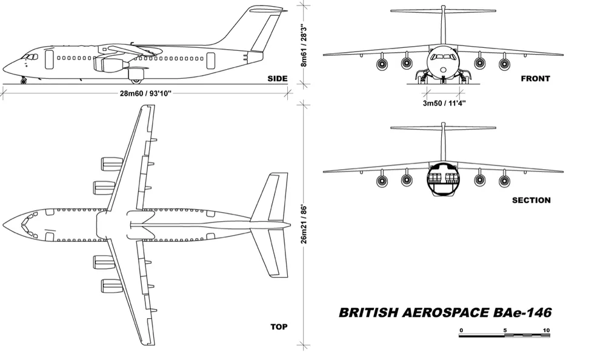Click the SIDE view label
[278, 79]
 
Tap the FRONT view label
[535, 79]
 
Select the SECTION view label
[531, 200]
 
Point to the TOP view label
[279, 327]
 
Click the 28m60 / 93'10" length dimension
[145, 93]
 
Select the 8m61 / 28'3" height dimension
[304, 45]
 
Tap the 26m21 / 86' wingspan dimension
[304, 224]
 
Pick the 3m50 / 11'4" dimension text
[444, 103]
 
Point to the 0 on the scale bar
[461, 330]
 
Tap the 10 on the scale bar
[546, 330]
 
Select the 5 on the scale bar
[505, 330]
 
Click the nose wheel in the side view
[23, 81]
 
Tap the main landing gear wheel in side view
[136, 81]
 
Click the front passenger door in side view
[49, 59]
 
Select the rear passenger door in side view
[211, 61]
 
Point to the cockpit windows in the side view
[30, 57]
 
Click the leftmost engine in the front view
[382, 64]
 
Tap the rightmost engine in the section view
[504, 180]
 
